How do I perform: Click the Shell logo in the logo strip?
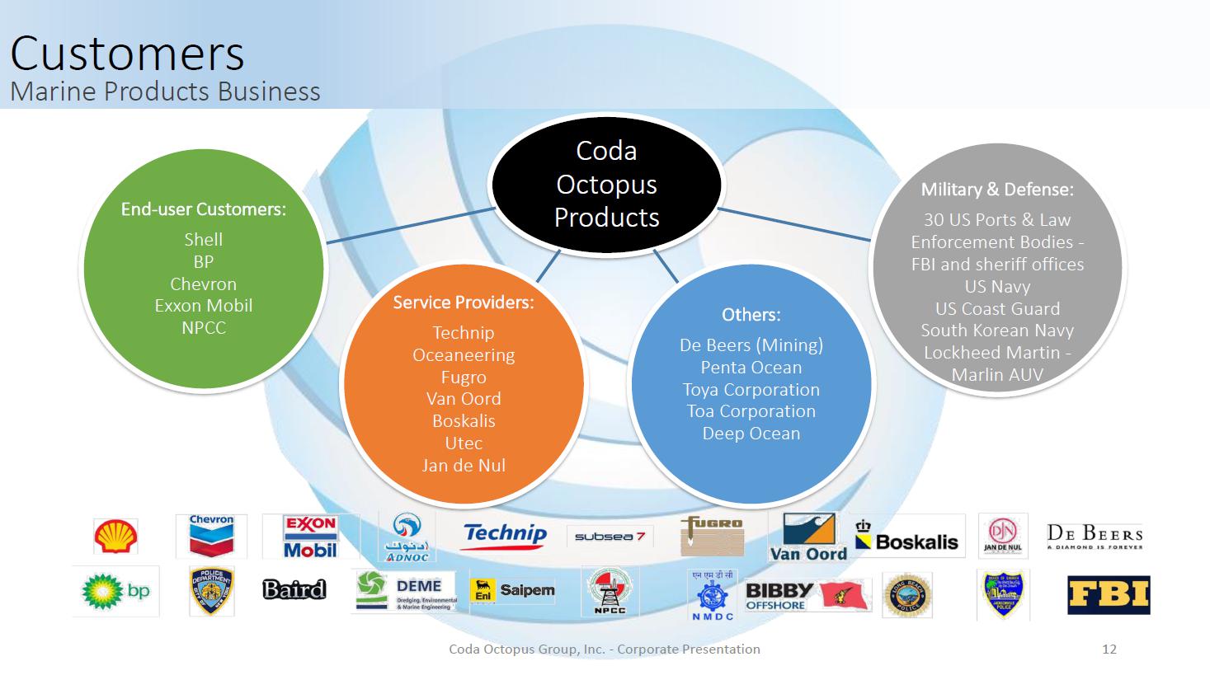[x=115, y=536]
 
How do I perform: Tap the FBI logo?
[x=1108, y=595]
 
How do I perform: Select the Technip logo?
[x=505, y=534]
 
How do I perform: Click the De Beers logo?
[x=1095, y=536]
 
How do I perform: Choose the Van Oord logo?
[x=808, y=537]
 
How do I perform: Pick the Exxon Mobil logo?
[x=310, y=536]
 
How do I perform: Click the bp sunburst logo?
[x=115, y=591]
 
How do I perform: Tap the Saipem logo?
[x=512, y=590]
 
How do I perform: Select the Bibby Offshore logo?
[x=779, y=595]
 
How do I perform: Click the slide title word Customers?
[x=127, y=54]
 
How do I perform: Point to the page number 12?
[x=1109, y=649]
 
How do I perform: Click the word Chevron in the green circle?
[x=203, y=284]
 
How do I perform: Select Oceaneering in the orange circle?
[x=464, y=355]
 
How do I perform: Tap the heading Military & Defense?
[x=997, y=190]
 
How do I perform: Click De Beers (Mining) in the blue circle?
[x=751, y=345]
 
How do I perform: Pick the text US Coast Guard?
[x=997, y=308]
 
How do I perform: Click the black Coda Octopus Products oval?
[x=606, y=184]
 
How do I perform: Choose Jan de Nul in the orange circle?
[x=464, y=465]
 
